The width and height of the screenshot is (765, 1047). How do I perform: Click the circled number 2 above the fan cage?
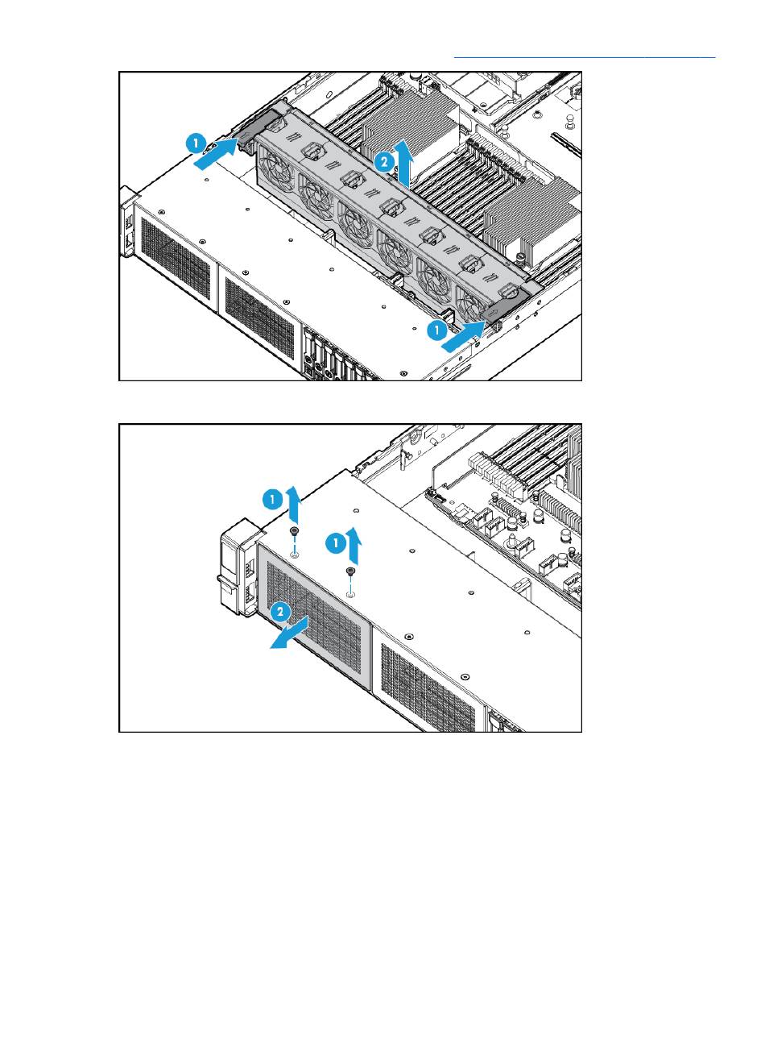[384, 162]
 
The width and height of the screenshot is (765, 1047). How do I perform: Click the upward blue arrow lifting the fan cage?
[403, 164]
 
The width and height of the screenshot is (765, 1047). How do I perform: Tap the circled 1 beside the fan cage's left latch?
[196, 143]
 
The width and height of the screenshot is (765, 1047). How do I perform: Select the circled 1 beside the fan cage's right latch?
[436, 330]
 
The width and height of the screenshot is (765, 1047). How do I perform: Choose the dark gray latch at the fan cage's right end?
[507, 306]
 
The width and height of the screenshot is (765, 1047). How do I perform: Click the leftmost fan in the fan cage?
[276, 168]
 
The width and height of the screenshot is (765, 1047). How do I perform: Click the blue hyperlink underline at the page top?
[584, 57]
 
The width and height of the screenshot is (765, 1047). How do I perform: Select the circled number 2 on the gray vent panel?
[279, 612]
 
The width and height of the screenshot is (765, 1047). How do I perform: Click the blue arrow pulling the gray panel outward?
[290, 633]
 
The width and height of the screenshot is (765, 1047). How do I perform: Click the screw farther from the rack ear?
[349, 571]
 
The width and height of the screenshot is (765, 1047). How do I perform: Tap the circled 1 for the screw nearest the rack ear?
[272, 499]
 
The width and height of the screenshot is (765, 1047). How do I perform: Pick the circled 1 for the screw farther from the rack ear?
[335, 543]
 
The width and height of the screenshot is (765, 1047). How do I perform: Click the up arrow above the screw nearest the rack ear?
[293, 505]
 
